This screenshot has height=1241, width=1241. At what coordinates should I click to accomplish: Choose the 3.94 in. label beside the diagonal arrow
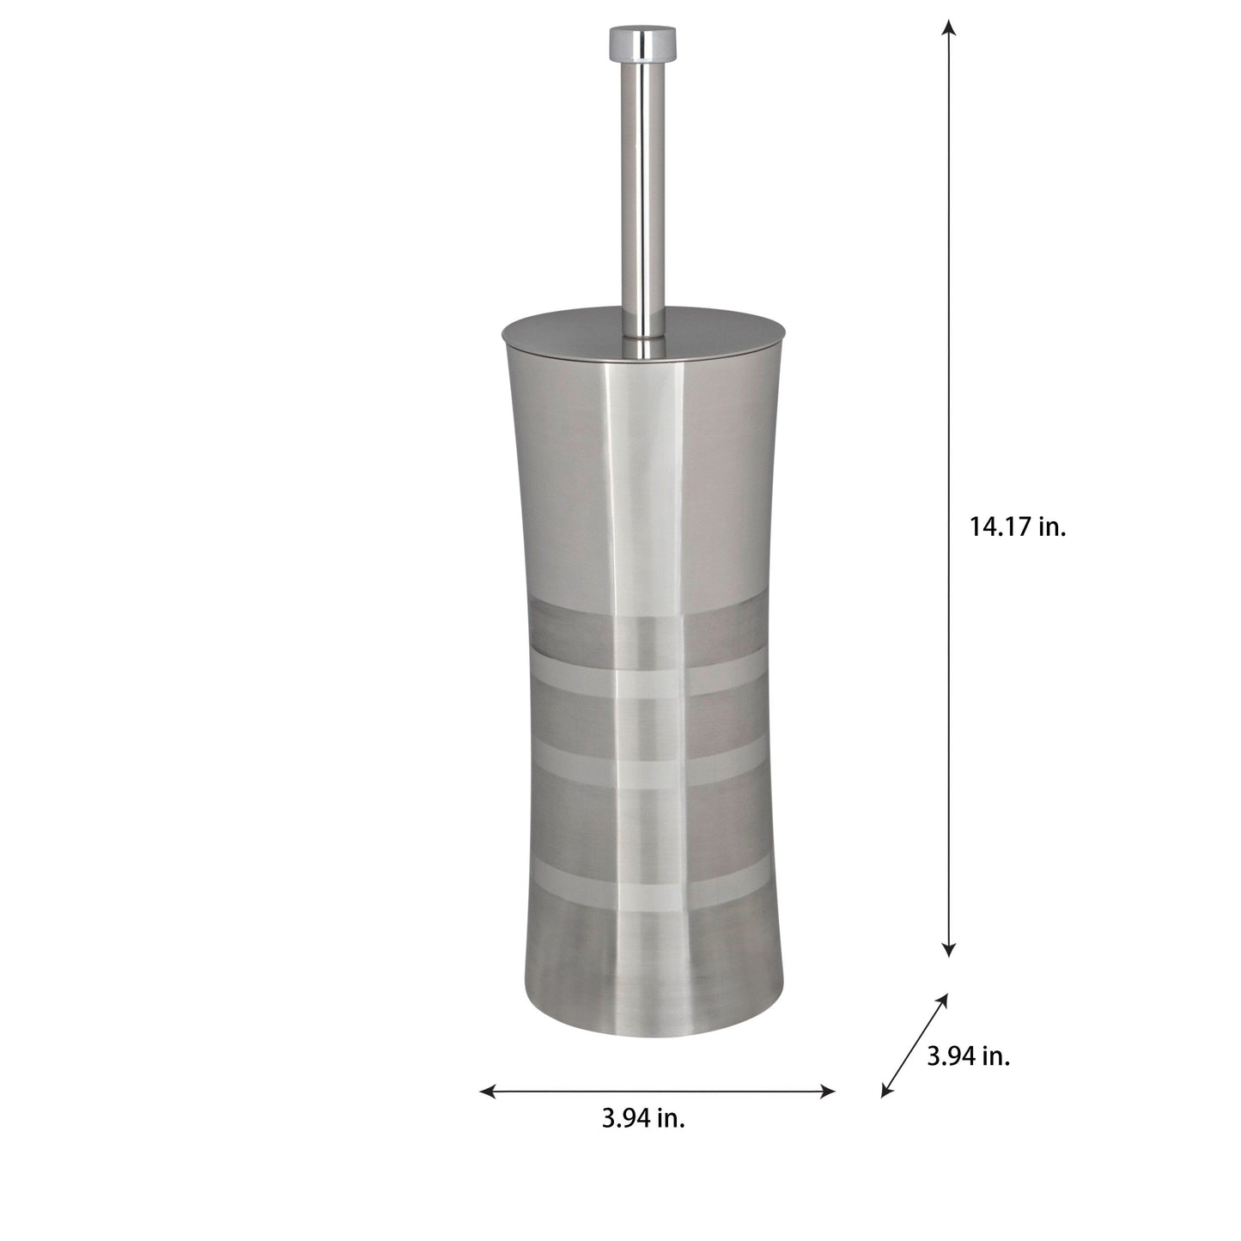pyautogui.click(x=968, y=1056)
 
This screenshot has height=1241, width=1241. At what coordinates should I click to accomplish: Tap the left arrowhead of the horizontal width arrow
pyautogui.click(x=487, y=1092)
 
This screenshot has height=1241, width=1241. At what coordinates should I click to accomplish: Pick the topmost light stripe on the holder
pyautogui.click(x=642, y=678)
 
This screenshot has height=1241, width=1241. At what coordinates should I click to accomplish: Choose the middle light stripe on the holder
pyautogui.click(x=642, y=771)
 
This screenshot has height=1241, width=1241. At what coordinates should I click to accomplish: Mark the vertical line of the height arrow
pyautogui.click(x=948, y=344)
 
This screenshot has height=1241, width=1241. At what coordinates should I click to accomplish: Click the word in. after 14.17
pyautogui.click(x=1051, y=527)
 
